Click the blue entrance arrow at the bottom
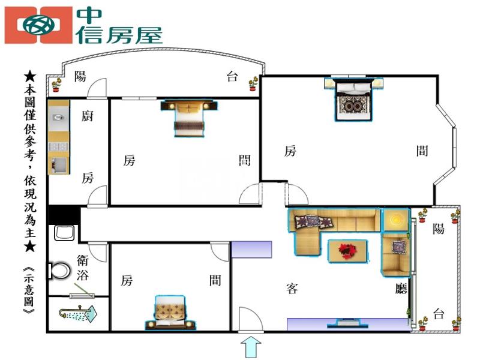pyautogui.click(x=251, y=347)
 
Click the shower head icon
pyautogui.click(x=78, y=313)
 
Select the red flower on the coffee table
pyautogui.click(x=347, y=250)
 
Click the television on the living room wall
pyautogui.click(x=347, y=323)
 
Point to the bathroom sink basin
pyautogui.click(x=64, y=233)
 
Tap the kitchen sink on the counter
pyautogui.click(x=58, y=117)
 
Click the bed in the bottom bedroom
pyautogui.click(x=170, y=313)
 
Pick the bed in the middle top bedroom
pyautogui.click(x=189, y=118)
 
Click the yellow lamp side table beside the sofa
pyautogui.click(x=396, y=220)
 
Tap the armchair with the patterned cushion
pyautogui.click(x=395, y=254)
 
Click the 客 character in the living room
pyautogui.click(x=292, y=289)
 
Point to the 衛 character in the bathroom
pyautogui.click(x=83, y=260)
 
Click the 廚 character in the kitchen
pyautogui.click(x=87, y=116)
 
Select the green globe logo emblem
pyautogui.click(x=39, y=25)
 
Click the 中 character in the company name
pyautogui.click(x=89, y=16)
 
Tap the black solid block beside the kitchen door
pyautogui.click(x=64, y=215)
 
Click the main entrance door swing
pyautogui.click(x=250, y=319)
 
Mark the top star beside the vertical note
pyautogui.click(x=30, y=76)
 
